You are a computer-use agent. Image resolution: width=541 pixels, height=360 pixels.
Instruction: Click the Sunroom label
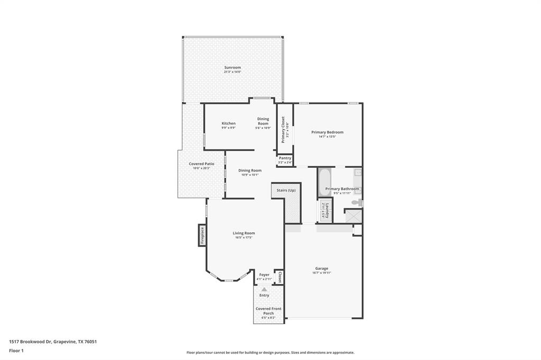(x=232, y=68)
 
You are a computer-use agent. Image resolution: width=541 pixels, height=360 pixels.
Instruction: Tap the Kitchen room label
(x=228, y=124)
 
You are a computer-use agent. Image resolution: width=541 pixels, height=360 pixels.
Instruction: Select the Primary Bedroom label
(x=327, y=132)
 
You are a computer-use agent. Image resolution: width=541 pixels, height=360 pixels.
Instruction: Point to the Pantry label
(x=285, y=158)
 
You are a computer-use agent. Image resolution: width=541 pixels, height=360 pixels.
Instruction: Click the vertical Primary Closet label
(x=283, y=130)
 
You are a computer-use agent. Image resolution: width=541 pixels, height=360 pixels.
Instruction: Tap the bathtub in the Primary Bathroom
(x=324, y=182)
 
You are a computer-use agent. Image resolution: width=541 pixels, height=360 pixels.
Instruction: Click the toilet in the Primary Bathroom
(x=358, y=202)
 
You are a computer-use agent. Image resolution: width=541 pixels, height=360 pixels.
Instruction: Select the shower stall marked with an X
(x=353, y=216)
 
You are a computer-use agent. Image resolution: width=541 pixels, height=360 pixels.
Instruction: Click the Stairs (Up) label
(x=286, y=190)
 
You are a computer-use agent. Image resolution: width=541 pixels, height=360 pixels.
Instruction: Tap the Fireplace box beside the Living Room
(x=202, y=235)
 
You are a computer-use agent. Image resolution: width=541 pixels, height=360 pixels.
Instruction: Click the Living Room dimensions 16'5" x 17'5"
(x=244, y=238)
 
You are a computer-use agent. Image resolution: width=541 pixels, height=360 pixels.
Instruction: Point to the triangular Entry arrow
(x=264, y=289)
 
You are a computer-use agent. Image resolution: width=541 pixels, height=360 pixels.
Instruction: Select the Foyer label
(x=264, y=274)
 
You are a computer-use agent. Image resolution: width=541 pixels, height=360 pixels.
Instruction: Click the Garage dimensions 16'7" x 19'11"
(x=321, y=273)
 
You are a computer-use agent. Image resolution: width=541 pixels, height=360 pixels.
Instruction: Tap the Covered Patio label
(x=201, y=164)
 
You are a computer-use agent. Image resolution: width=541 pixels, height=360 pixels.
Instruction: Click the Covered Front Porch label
(x=268, y=311)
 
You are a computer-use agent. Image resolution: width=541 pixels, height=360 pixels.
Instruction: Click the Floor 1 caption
(x=16, y=350)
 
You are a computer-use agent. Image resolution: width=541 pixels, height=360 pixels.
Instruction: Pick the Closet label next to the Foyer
(x=279, y=278)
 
